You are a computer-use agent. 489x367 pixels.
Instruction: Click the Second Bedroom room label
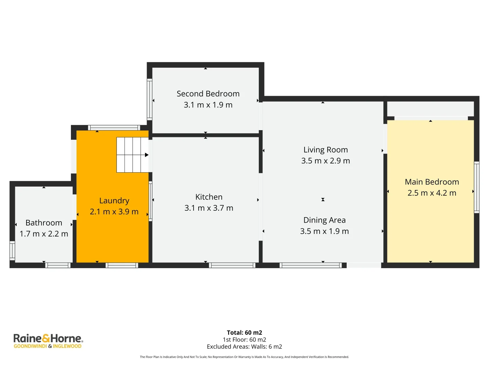click(x=208, y=94)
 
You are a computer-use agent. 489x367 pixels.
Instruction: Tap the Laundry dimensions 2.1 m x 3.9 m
click(x=114, y=212)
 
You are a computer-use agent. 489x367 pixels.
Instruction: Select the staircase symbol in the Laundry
click(x=132, y=155)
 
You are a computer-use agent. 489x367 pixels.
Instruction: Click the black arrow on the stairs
click(x=147, y=155)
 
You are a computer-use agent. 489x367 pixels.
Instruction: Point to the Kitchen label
click(x=209, y=197)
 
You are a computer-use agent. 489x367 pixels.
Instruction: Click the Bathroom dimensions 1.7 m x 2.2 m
click(x=44, y=234)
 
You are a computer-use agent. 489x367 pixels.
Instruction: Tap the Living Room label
click(x=326, y=150)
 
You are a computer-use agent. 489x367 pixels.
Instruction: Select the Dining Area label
click(x=324, y=220)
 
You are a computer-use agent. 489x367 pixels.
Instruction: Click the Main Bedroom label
click(x=432, y=182)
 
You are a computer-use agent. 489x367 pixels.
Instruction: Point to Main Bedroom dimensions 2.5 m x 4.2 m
click(x=432, y=193)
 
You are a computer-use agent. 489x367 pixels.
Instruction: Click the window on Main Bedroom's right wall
click(x=476, y=187)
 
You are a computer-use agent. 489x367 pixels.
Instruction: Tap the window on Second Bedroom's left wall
click(x=149, y=99)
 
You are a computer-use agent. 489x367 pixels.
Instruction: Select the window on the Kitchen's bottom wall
click(x=232, y=265)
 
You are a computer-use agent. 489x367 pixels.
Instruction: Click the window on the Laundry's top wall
click(x=114, y=128)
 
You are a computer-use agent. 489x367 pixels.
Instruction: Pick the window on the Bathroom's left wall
click(x=12, y=250)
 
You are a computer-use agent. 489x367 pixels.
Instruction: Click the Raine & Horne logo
click(x=48, y=341)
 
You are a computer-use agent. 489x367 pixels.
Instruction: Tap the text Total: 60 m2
click(x=244, y=333)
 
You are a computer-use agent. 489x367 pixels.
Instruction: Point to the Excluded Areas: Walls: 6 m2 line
click(x=244, y=347)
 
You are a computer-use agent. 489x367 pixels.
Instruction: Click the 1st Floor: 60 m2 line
click(x=244, y=339)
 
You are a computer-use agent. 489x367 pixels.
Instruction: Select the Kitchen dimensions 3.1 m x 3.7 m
click(x=209, y=208)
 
